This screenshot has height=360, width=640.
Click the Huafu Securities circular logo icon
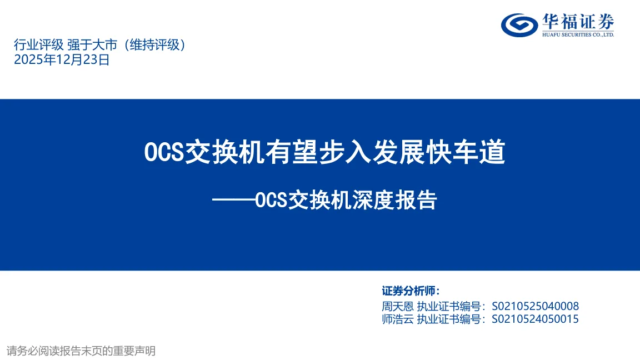pyautogui.click(x=519, y=25)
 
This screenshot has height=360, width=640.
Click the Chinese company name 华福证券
pyautogui.click(x=578, y=22)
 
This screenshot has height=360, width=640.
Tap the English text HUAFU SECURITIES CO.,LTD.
pyautogui.click(x=578, y=34)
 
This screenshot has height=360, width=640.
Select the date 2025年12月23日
pyautogui.click(x=62, y=59)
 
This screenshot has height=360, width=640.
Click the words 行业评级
pyautogui.click(x=39, y=44)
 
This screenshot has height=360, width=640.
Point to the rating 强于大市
pyautogui.click(x=92, y=44)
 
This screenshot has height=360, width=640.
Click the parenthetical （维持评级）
pyautogui.click(x=154, y=44)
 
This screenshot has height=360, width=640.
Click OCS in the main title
pyautogui.click(x=164, y=152)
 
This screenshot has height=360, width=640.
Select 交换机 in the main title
pyautogui.click(x=225, y=152)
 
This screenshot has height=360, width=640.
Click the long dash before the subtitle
pyautogui.click(x=233, y=200)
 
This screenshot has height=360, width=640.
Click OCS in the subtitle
pyautogui.click(x=272, y=201)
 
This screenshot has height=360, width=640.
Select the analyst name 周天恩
pyautogui.click(x=398, y=306)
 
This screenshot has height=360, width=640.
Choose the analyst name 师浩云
pyautogui.click(x=398, y=319)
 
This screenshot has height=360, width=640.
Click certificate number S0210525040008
pyautogui.click(x=535, y=306)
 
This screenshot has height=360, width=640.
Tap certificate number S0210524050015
pyautogui.click(x=535, y=319)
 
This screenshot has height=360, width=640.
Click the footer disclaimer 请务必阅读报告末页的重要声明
pyautogui.click(x=81, y=351)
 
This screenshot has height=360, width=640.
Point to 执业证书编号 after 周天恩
pyautogui.click(x=448, y=306)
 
